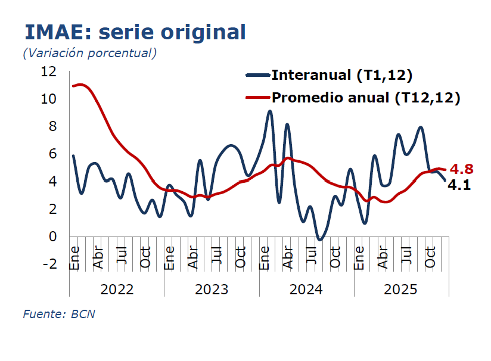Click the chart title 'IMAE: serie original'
[x=135, y=32]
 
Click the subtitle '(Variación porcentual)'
[x=90, y=52]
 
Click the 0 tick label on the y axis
[x=52, y=236]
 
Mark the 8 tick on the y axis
[x=52, y=126]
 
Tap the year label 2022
[x=117, y=290]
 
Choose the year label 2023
[x=212, y=290]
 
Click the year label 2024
[x=306, y=290]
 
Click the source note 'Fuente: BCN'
[x=59, y=314]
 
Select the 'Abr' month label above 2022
[x=98, y=256]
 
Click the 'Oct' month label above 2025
[x=430, y=256]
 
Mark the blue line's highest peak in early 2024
[x=270, y=111]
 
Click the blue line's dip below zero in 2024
[x=320, y=239]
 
